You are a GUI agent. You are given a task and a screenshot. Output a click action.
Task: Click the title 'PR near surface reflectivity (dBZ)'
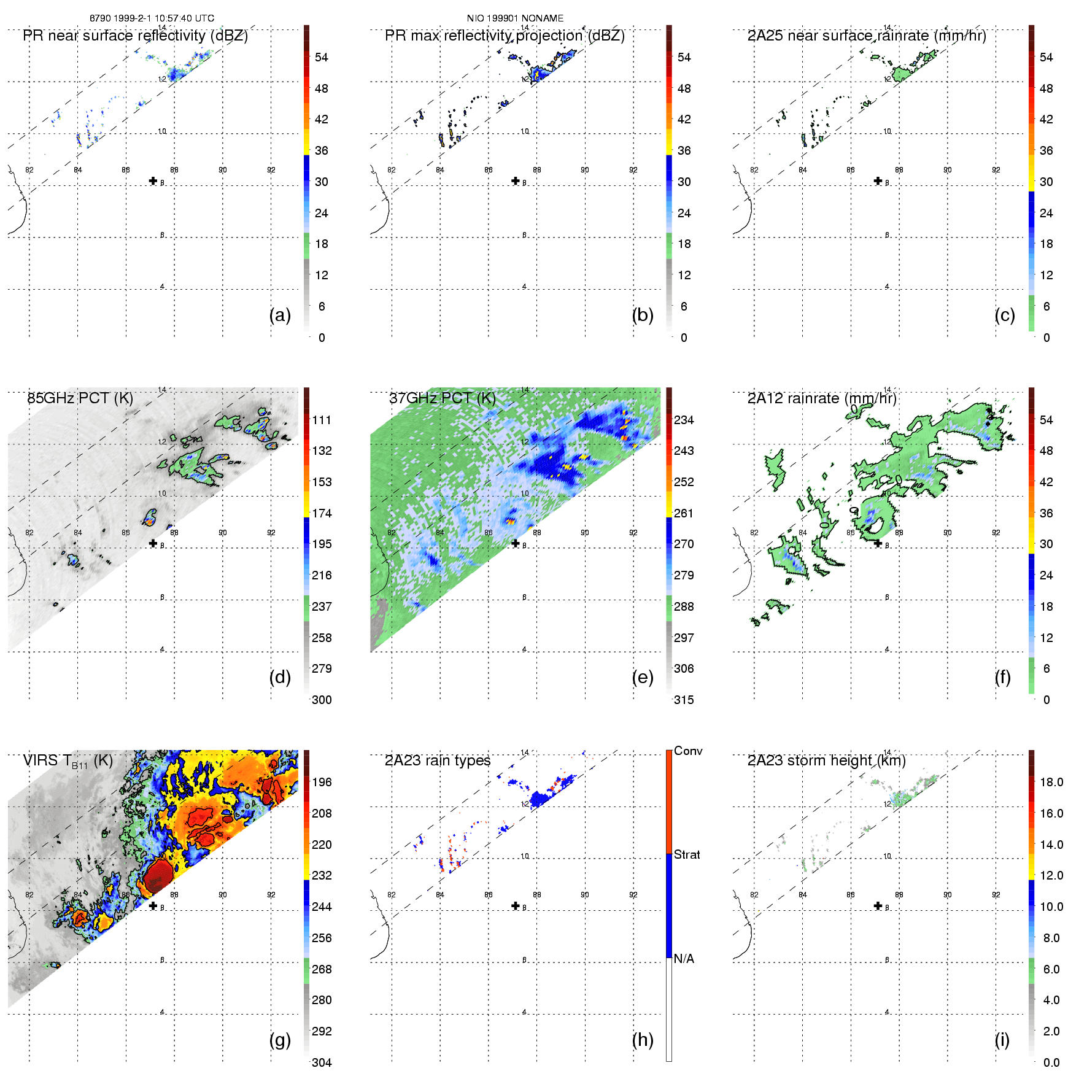135,36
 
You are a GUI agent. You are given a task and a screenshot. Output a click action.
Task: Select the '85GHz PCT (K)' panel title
80,398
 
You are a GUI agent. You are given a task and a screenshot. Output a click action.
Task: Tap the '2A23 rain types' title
438,760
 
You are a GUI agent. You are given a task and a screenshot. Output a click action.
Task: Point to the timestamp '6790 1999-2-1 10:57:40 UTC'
152,18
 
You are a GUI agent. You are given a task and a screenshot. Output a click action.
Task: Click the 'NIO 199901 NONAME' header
515,18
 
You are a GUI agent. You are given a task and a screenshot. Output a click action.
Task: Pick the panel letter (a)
280,315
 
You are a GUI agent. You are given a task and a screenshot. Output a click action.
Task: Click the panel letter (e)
643,677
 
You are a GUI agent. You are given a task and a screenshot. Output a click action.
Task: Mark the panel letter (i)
1002,1040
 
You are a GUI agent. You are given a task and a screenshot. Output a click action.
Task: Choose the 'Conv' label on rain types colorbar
688,751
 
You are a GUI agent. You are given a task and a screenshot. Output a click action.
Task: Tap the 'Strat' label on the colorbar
687,854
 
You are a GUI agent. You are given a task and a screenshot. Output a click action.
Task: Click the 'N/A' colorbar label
684,959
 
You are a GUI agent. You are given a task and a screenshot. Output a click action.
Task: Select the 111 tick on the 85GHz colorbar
322,420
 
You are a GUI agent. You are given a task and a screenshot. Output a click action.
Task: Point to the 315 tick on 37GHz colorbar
684,700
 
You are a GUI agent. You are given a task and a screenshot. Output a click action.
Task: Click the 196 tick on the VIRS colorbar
322,782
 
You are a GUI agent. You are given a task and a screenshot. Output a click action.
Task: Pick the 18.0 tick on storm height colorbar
1051,782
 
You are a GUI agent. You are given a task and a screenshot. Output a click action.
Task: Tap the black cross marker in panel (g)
153,906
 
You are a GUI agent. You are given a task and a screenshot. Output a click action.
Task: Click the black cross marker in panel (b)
516,180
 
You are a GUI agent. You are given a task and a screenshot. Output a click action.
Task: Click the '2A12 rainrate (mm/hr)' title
822,398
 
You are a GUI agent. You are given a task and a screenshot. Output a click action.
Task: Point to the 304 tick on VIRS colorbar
322,1062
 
